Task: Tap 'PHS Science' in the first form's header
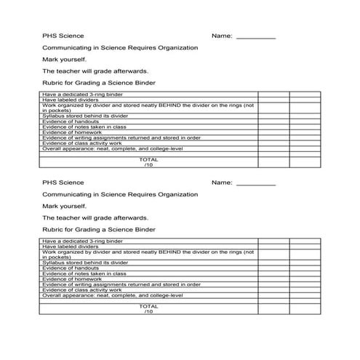(x=63, y=35)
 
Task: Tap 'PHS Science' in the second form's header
(x=63, y=182)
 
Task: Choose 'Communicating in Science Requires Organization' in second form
(x=120, y=194)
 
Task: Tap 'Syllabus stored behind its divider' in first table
(x=85, y=116)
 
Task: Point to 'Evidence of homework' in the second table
(x=72, y=279)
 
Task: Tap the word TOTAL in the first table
(x=148, y=159)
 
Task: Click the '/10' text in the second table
(x=148, y=311)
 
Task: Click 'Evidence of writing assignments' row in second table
(x=121, y=284)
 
